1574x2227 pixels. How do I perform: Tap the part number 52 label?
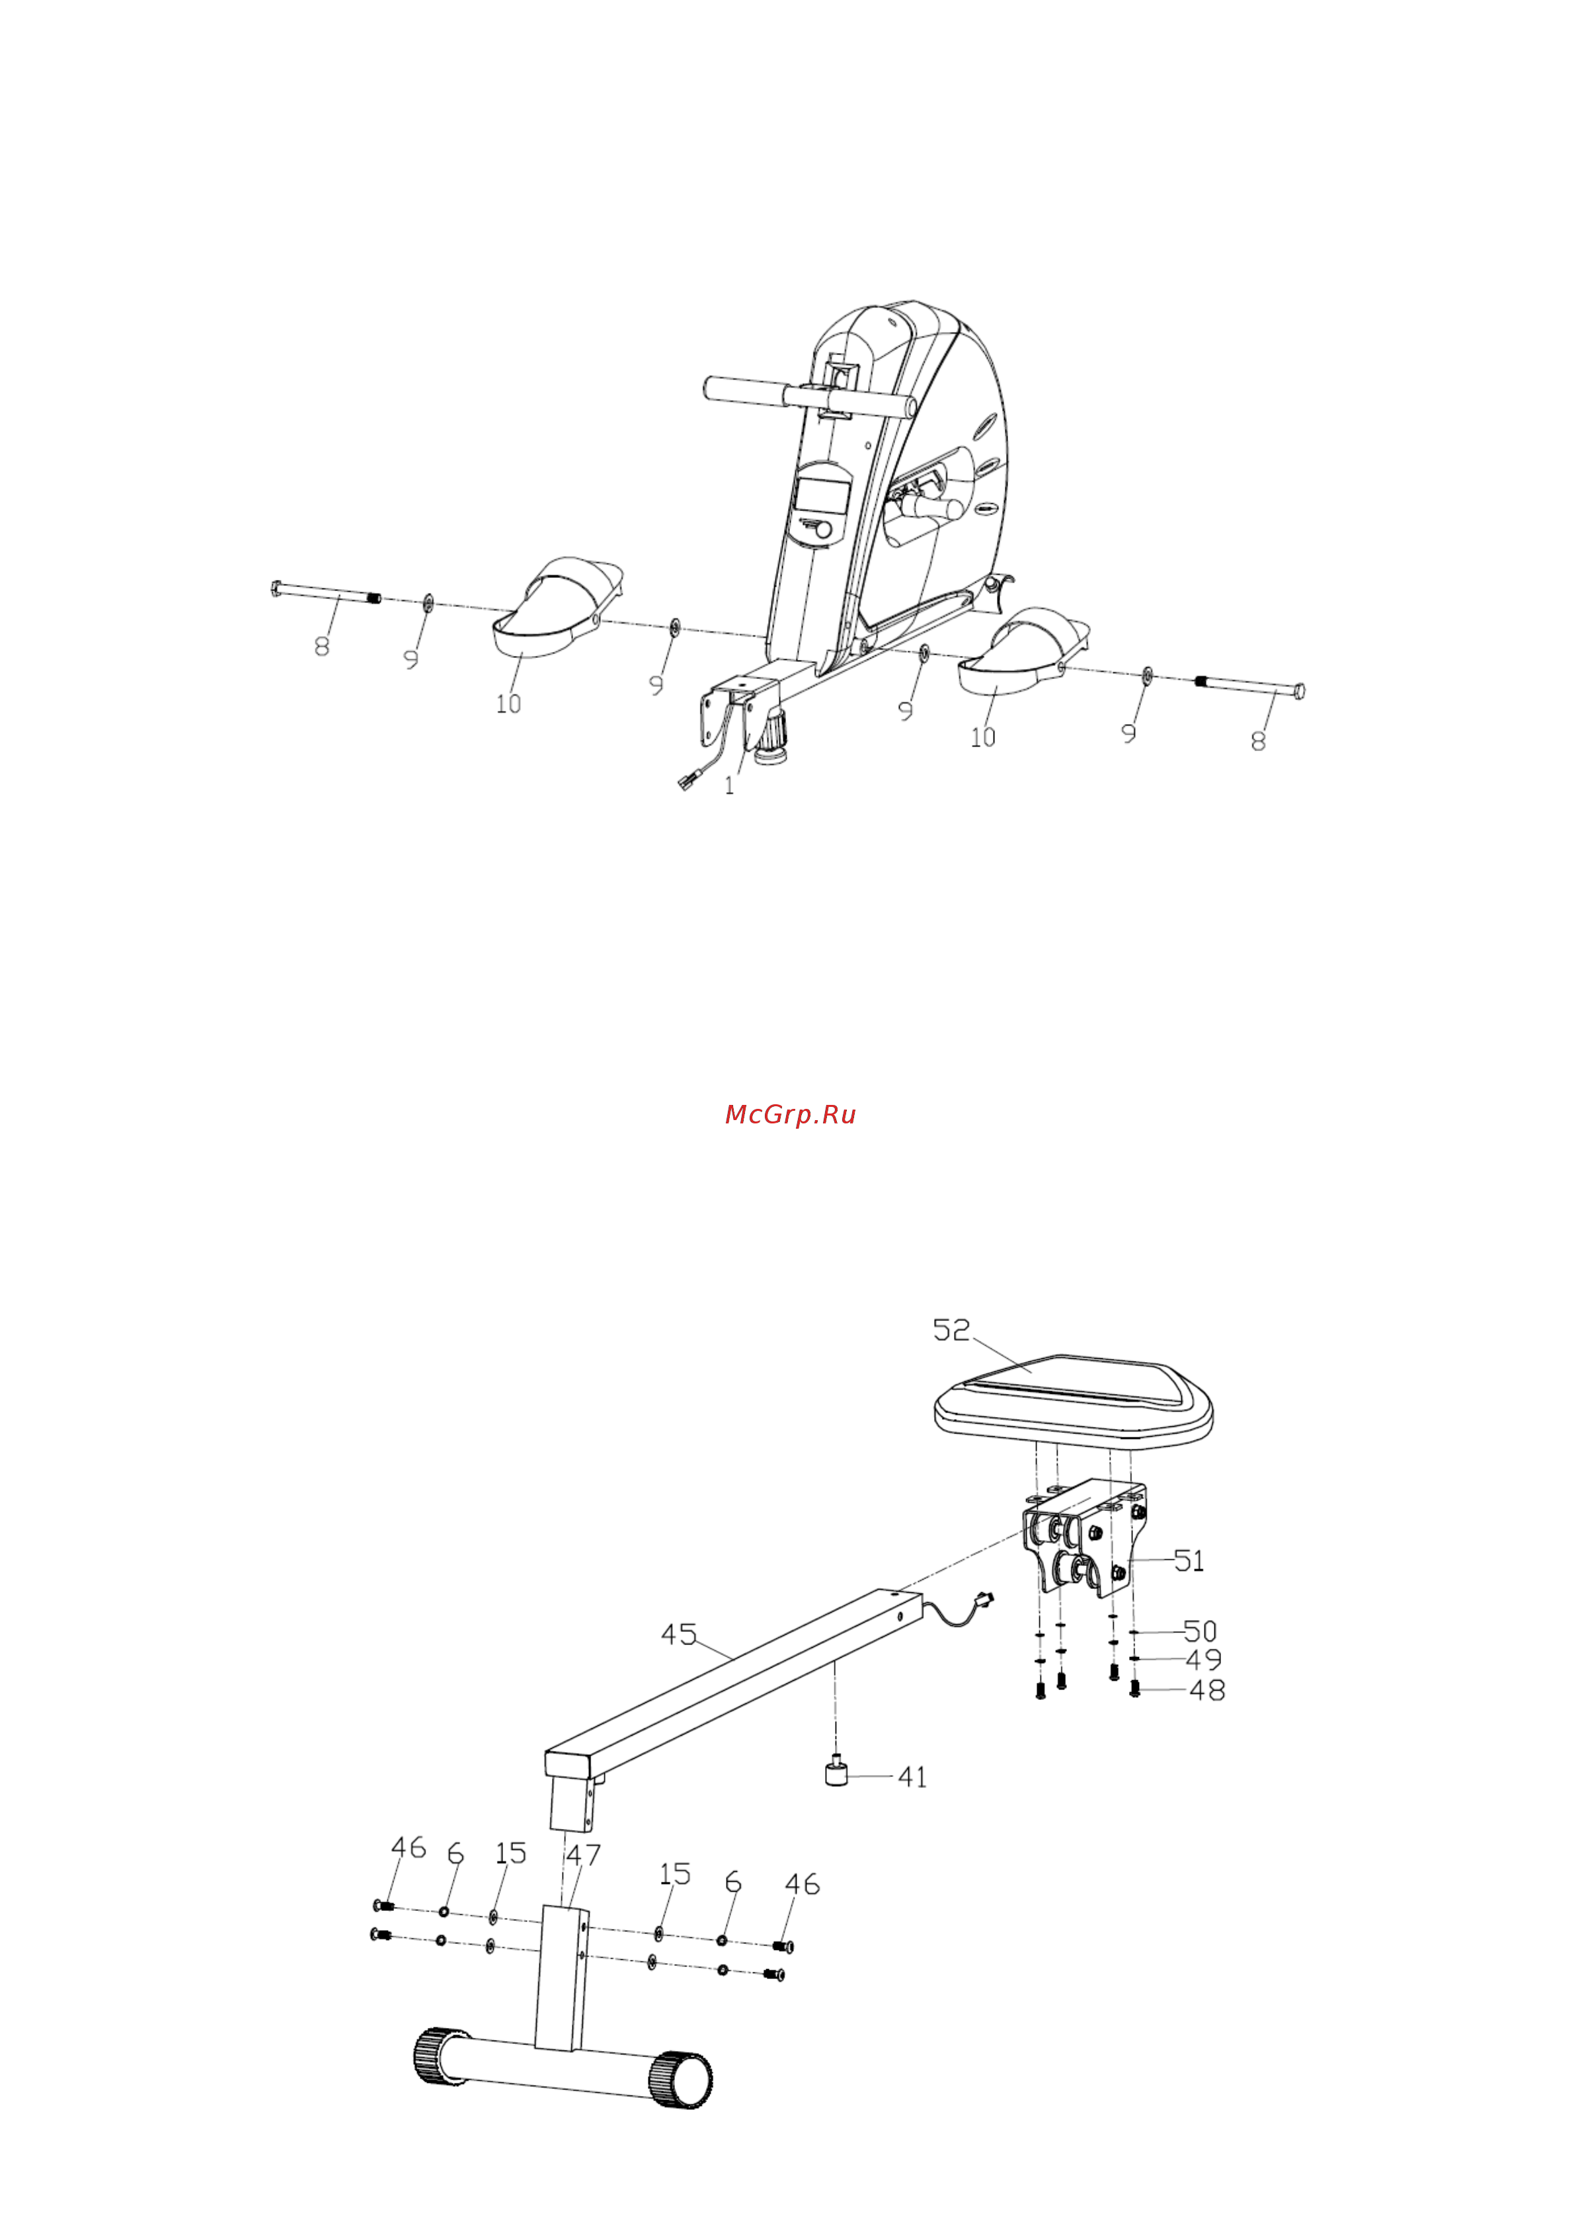951,1330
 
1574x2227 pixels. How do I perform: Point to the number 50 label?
1200,1631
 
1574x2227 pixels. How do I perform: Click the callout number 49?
1204,1660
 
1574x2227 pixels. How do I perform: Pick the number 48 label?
1207,1689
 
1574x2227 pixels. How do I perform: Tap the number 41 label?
912,1777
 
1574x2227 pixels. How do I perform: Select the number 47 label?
583,1855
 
